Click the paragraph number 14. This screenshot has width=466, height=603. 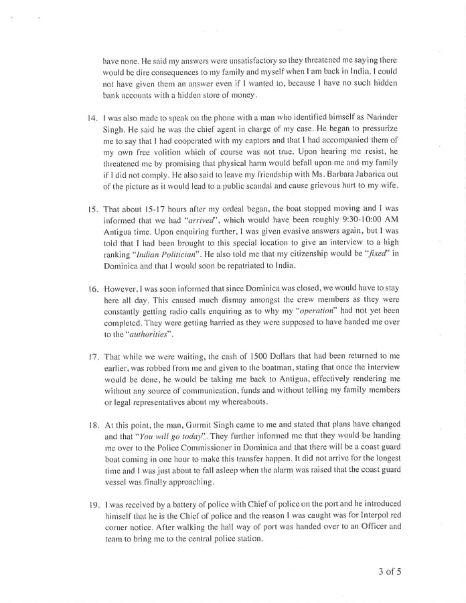point(92,118)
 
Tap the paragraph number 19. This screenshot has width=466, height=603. point(92,504)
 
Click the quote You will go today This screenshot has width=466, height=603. point(152,436)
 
